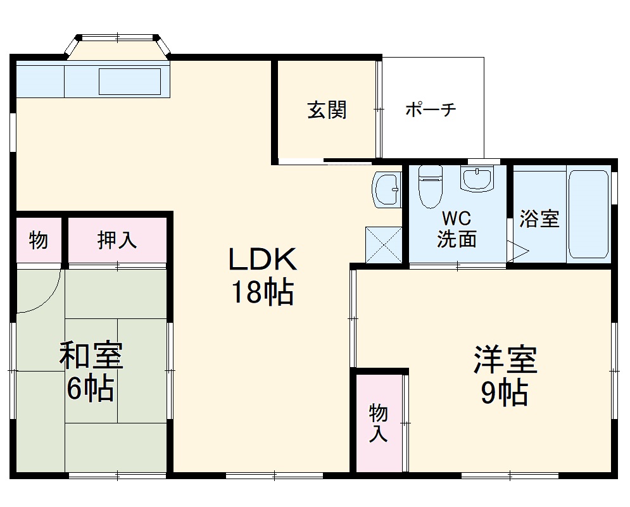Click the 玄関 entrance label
(327, 110)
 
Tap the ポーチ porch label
(431, 110)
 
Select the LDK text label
(261, 260)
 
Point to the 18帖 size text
(261, 292)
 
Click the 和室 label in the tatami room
(91, 356)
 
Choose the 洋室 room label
(505, 361)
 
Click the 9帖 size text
(505, 393)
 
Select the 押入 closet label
(117, 240)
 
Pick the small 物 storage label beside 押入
(39, 240)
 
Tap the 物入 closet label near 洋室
(378, 423)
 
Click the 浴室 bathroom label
(539, 219)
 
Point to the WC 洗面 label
(457, 229)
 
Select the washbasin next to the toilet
(476, 179)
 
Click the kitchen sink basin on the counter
(129, 82)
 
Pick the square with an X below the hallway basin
(384, 244)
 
